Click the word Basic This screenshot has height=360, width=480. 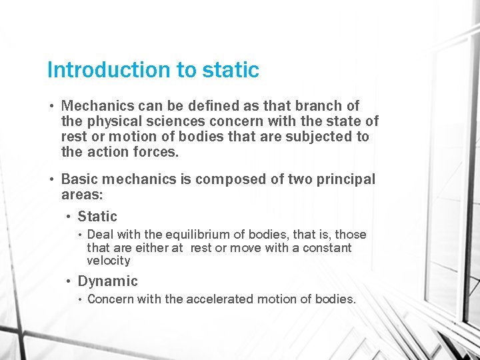(x=79, y=179)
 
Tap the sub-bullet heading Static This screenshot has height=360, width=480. (x=97, y=216)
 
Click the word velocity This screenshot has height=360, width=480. (x=109, y=261)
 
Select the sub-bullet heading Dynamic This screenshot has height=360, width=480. (x=107, y=281)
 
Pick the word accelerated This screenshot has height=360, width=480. (x=217, y=299)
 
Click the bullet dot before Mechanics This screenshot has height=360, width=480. (x=51, y=106)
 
